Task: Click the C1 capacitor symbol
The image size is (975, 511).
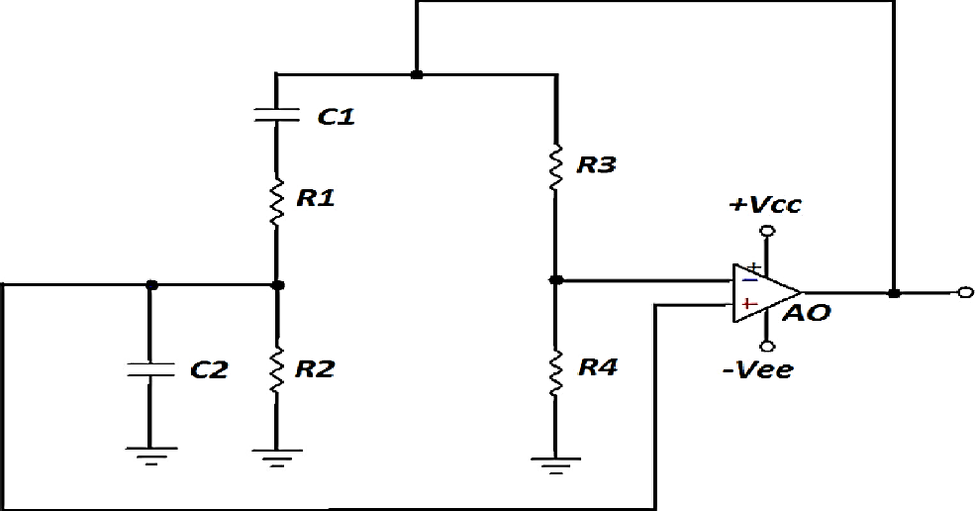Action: pyautogui.click(x=276, y=114)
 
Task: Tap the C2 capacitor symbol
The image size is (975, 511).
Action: pyautogui.click(x=149, y=370)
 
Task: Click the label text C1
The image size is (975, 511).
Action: pyautogui.click(x=336, y=117)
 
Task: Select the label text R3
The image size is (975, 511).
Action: pyautogui.click(x=597, y=164)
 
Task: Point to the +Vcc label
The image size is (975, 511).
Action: pyautogui.click(x=765, y=206)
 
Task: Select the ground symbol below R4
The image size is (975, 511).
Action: pyautogui.click(x=555, y=460)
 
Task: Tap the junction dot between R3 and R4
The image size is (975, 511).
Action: pyautogui.click(x=555, y=280)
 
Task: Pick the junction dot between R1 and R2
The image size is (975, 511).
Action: pyautogui.click(x=277, y=285)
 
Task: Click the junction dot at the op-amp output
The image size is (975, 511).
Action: pyautogui.click(x=894, y=293)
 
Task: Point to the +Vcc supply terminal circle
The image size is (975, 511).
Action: pyautogui.click(x=765, y=232)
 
